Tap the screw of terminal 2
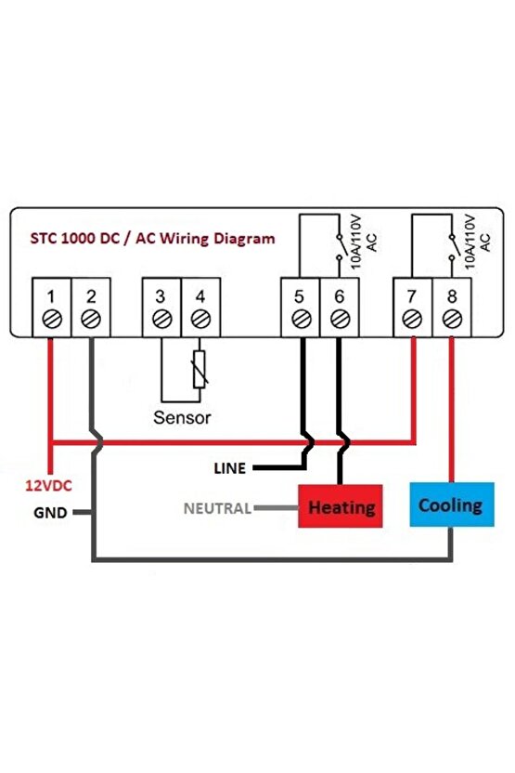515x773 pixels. (90, 319)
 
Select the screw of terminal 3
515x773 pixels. (161, 319)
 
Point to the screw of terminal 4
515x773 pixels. (200, 319)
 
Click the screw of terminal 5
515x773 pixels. (300, 319)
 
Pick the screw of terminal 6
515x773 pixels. (339, 319)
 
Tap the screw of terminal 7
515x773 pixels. (413, 319)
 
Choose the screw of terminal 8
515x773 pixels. (452, 319)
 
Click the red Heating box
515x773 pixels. (341, 507)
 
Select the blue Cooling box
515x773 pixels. (450, 505)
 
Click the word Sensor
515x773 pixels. (182, 418)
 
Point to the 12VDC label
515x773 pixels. (47, 486)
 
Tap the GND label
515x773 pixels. (50, 512)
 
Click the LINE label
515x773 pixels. (230, 468)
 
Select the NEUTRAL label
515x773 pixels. (217, 508)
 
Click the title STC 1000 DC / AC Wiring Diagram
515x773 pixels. (154, 239)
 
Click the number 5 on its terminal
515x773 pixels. (300, 296)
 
